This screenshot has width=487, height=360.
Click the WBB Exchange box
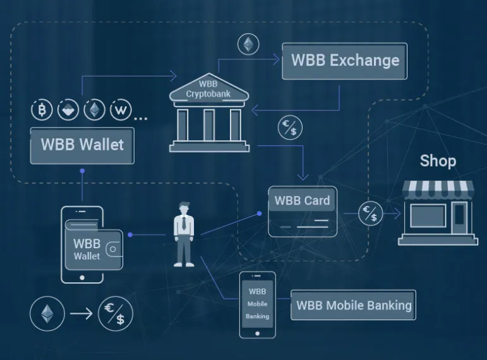pos(344,61)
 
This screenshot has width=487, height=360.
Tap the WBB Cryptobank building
pos(209,113)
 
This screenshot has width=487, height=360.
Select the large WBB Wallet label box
pos(82,145)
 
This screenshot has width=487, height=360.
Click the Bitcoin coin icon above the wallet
pos(42,110)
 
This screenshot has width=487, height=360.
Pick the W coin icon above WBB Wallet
pos(121,110)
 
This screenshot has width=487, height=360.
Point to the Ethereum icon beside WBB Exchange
pos(248,44)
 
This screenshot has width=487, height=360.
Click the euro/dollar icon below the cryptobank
pos(290,128)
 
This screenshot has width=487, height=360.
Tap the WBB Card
pos(303,211)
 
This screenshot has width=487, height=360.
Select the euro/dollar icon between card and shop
pos(371,213)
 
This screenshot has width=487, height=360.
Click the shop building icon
pos(438,213)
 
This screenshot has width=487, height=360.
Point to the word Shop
pos(438,161)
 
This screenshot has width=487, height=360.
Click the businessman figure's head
pos(184,208)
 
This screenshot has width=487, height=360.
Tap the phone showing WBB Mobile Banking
pos(258,304)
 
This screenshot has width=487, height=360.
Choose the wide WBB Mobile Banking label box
pos(354,305)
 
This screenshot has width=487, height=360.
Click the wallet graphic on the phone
pos(93,246)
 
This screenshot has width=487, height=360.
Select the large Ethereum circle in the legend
pos(47,314)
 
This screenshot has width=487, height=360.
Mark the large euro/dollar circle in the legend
pos(116,314)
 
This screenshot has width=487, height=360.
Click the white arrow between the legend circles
pos(81,313)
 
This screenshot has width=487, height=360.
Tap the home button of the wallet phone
pos(82,278)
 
